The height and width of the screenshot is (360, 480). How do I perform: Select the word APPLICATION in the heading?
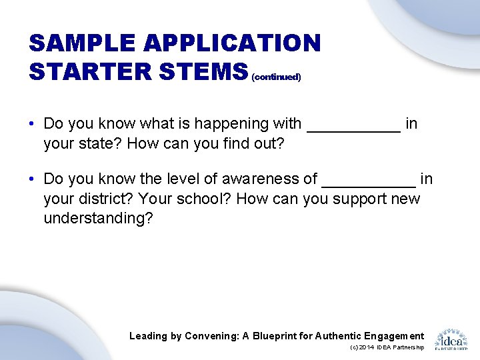pos(233,44)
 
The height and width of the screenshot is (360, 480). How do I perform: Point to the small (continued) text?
pos(276,77)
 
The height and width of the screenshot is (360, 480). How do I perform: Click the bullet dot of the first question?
pos(32,124)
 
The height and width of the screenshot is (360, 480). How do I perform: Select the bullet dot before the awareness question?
pos(32,179)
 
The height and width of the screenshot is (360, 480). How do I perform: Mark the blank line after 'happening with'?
pos(353,131)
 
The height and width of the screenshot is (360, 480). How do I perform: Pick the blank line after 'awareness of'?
pos(368,186)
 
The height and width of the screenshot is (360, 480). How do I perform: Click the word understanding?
pos(98,219)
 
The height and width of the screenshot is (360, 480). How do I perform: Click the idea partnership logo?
pos(451,339)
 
